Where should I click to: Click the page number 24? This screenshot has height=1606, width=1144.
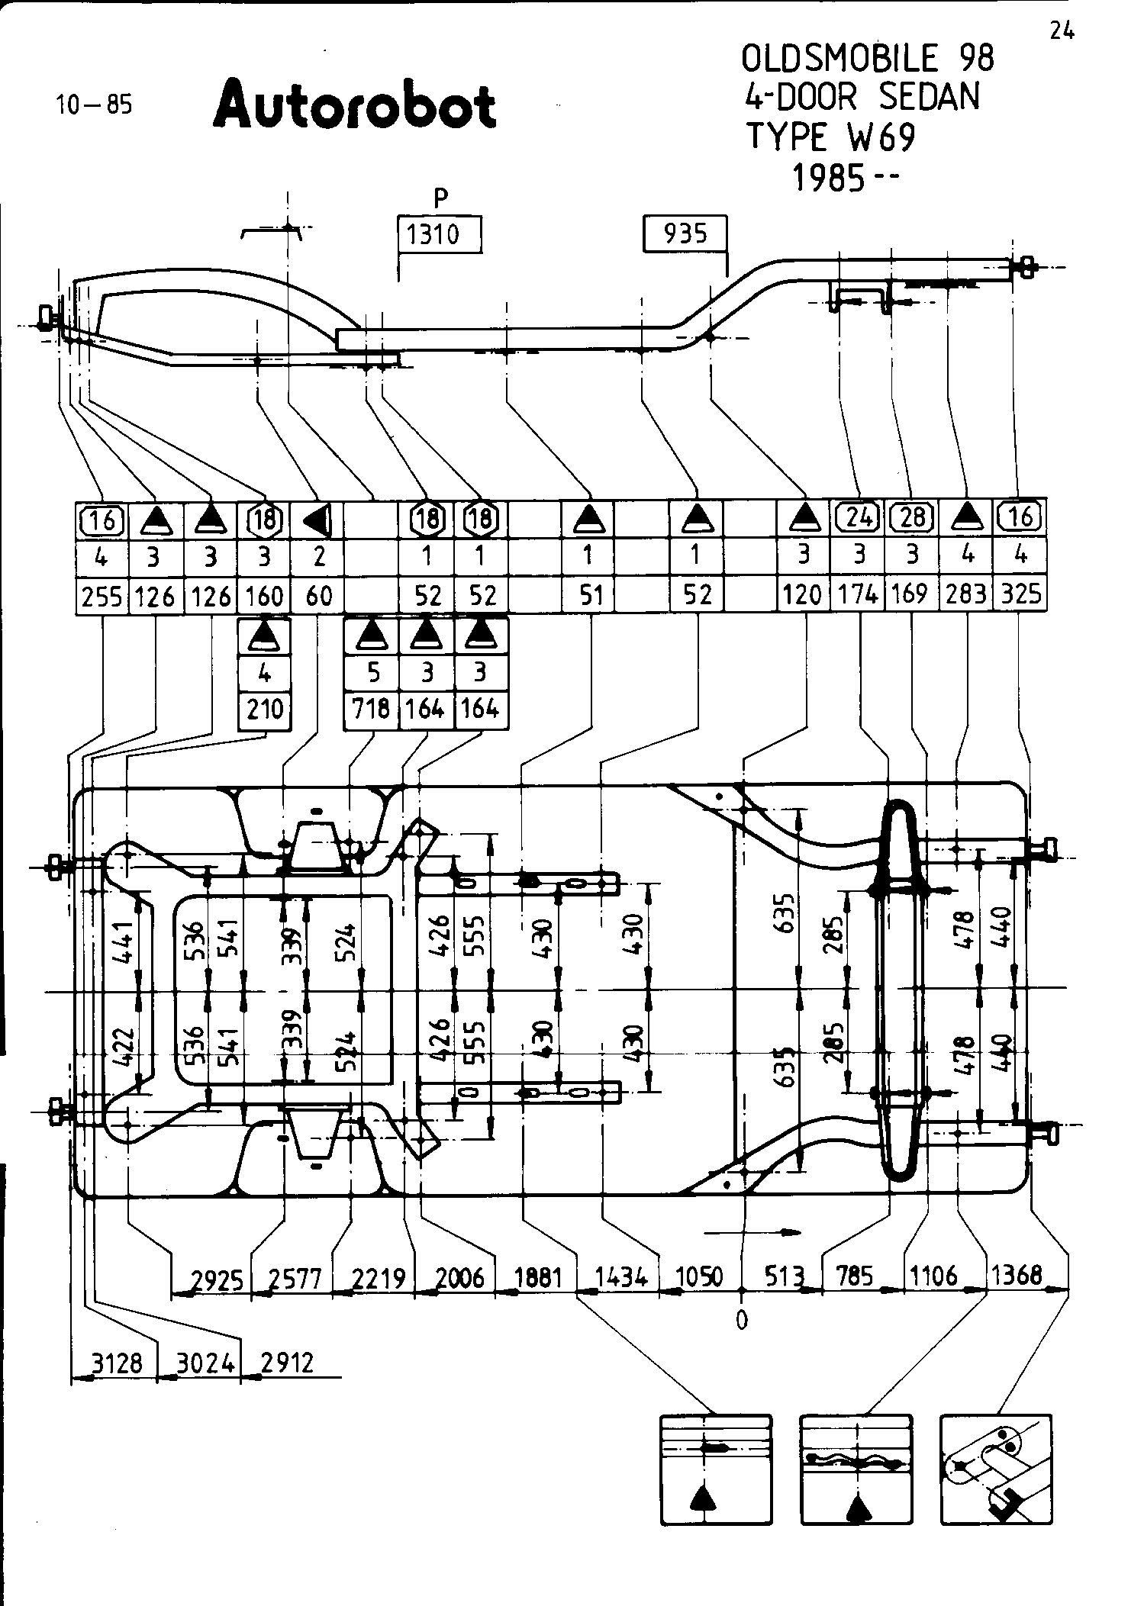[x=1062, y=31]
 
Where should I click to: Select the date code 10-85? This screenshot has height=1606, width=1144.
[x=94, y=104]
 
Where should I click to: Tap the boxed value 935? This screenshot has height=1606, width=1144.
[x=685, y=233]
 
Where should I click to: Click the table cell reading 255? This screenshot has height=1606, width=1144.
[x=102, y=595]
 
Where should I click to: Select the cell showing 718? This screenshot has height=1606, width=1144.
[x=371, y=710]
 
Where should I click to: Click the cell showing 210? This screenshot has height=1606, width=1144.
[x=265, y=710]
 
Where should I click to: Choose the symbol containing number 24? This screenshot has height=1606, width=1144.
[x=859, y=518]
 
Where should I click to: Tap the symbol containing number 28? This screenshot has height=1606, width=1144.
[x=913, y=518]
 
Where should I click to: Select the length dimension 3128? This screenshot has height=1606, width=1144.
[x=117, y=1363]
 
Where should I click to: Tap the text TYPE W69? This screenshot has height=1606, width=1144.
[x=830, y=137]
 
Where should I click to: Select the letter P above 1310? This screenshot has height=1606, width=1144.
[x=440, y=199]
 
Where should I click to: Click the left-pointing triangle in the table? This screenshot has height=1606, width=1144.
[x=317, y=520]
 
